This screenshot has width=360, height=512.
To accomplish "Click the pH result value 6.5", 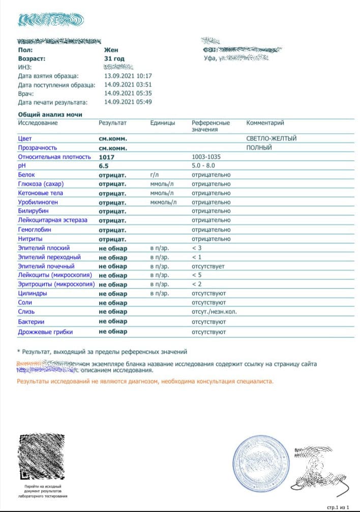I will (x=104, y=166).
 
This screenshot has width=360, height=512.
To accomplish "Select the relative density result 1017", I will (x=107, y=157).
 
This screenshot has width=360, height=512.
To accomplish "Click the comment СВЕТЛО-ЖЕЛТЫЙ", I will (x=271, y=138).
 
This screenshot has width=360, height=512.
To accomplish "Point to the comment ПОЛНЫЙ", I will (x=259, y=148).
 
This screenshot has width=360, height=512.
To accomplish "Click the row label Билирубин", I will (x=33, y=211).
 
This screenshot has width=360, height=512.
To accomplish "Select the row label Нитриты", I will (x=30, y=239).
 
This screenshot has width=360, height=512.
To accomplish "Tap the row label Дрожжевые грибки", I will (x=45, y=332).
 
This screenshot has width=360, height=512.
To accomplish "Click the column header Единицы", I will (x=163, y=123).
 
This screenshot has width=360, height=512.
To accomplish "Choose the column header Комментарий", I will (x=265, y=123).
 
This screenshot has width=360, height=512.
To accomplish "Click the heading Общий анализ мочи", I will (x=50, y=115).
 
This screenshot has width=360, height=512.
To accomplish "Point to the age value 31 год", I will (x=114, y=59).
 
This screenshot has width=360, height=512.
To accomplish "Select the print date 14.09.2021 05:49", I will (x=128, y=102).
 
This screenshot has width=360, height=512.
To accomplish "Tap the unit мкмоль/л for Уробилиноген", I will (x=163, y=202).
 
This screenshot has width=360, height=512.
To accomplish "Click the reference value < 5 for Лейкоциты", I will (x=198, y=275).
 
